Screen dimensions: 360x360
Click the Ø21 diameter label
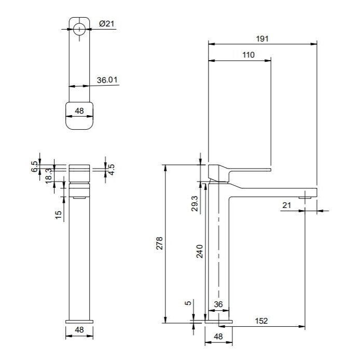[x=106, y=23]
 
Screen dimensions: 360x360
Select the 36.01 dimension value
[x=107, y=80]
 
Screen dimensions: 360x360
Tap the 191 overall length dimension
[x=262, y=38]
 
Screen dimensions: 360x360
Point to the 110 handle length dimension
[x=248, y=55]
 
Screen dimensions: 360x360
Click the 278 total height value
[x=159, y=243]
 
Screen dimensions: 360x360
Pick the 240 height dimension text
[x=200, y=252]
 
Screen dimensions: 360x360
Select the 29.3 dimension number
[x=195, y=203]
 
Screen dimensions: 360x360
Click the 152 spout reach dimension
[x=261, y=321]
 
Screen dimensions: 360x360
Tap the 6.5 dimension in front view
[x=34, y=167]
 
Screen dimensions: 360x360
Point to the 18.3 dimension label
[x=49, y=176]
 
